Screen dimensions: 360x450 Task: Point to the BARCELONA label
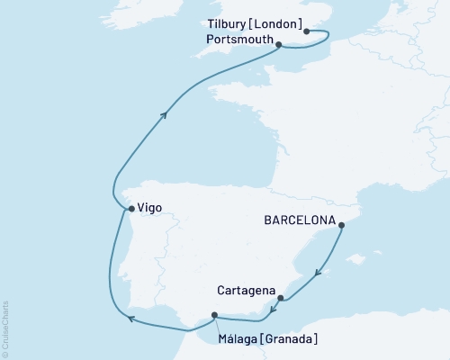[x=300, y=220]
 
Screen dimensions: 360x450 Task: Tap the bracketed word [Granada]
[x=290, y=339]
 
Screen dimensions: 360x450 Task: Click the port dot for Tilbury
[x=307, y=31]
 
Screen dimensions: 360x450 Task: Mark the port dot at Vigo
[x=131, y=209]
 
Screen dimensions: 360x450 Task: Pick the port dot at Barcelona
[x=343, y=228]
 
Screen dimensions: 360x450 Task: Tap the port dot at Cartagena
[x=280, y=298]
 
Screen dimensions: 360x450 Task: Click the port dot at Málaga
[x=214, y=315]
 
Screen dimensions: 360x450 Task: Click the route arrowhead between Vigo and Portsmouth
[x=165, y=113]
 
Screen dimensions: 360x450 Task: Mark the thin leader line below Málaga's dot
[x=217, y=325]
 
